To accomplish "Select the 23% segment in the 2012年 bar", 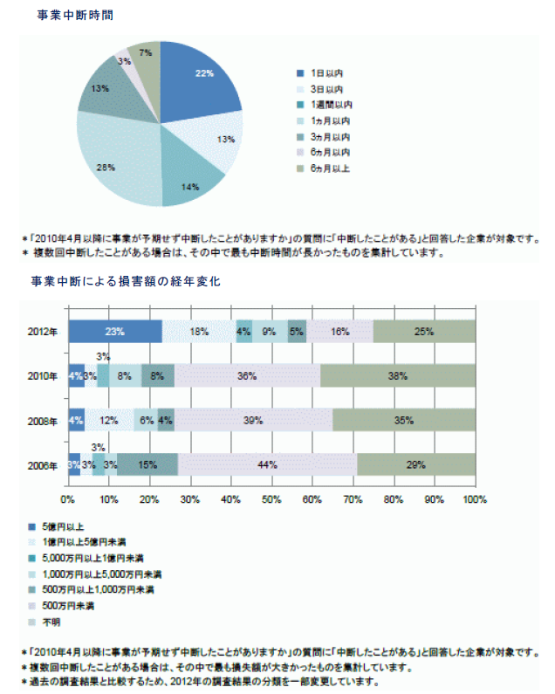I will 115,332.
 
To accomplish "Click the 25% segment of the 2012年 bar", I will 425,332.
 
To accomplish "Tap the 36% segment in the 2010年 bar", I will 247,376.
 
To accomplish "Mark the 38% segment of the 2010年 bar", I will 398,376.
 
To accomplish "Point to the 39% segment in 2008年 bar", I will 253,420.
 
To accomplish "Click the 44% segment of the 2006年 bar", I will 267,464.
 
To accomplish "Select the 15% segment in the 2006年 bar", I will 147,464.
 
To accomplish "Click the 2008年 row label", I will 42,421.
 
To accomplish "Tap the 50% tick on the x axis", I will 271,500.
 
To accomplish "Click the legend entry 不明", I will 51,622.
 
